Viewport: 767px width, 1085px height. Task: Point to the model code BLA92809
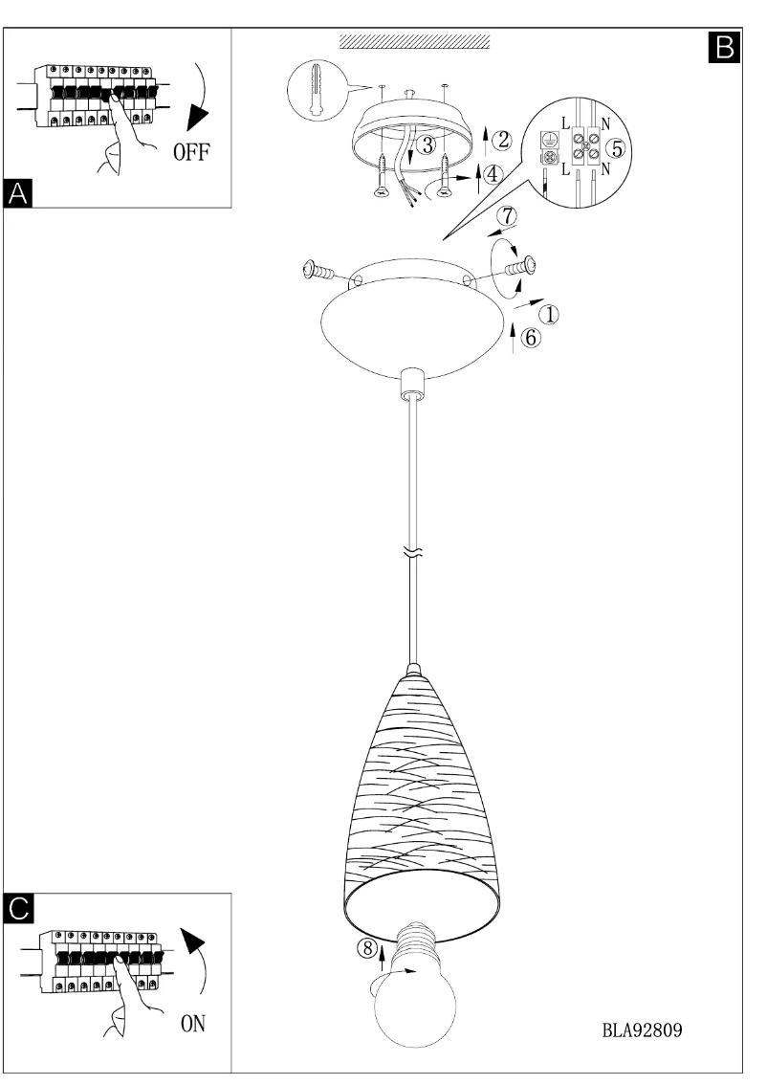(x=643, y=1032)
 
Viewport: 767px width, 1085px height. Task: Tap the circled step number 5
(x=618, y=148)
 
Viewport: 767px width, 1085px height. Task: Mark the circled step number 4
(x=492, y=175)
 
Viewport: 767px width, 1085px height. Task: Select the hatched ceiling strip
(x=413, y=43)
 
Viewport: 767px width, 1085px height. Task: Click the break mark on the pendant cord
(x=412, y=553)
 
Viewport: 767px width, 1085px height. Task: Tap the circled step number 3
(x=429, y=144)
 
